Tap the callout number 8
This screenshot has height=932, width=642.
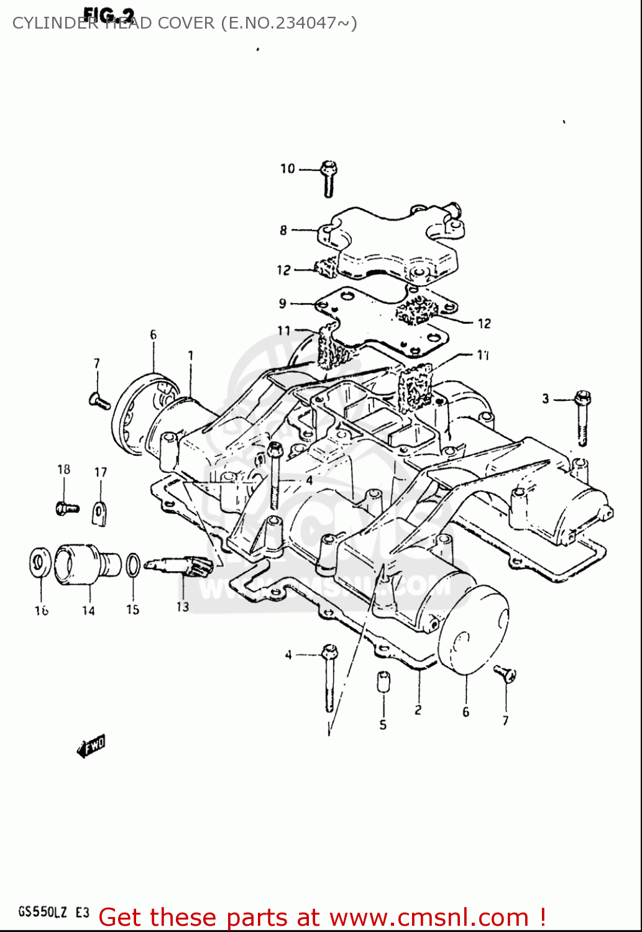click(x=283, y=231)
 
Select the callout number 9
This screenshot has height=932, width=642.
click(x=283, y=303)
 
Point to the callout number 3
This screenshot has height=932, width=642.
click(x=546, y=399)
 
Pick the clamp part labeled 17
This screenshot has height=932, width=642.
click(x=100, y=513)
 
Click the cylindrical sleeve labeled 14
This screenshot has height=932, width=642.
click(x=78, y=564)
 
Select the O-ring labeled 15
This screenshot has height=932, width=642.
click(x=132, y=565)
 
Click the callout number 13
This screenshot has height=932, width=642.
click(x=182, y=606)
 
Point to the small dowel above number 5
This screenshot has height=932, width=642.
click(x=383, y=681)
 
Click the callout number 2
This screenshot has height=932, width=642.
click(x=418, y=710)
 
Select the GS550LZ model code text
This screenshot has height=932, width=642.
click(x=42, y=912)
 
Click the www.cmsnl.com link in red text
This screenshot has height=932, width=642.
click(x=429, y=917)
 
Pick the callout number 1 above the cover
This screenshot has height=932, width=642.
click(x=190, y=356)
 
